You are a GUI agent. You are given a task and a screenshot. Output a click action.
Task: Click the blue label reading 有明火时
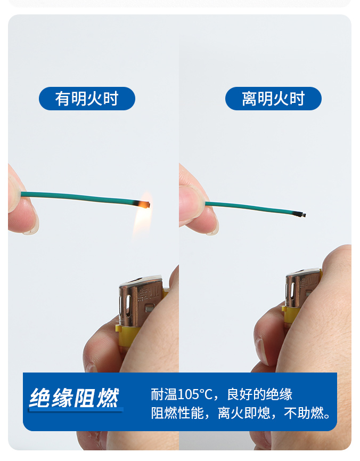[x=87, y=99]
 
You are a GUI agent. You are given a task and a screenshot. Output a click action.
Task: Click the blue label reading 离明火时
[x=273, y=99]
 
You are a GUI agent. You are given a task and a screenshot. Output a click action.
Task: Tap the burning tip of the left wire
[x=146, y=204]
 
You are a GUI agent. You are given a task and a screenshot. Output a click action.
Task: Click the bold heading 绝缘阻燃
[x=75, y=398]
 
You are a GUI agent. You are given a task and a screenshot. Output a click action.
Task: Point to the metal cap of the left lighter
[x=141, y=301]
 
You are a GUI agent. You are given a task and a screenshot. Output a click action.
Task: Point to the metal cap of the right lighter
[x=302, y=289]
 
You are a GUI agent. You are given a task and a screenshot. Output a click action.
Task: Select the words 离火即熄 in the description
[x=244, y=413]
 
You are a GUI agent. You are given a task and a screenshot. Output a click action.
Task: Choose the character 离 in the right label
[x=250, y=99]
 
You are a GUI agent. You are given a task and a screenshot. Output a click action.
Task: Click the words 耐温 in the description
[x=164, y=394]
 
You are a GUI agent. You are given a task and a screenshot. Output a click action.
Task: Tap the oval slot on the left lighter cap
[x=128, y=306]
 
